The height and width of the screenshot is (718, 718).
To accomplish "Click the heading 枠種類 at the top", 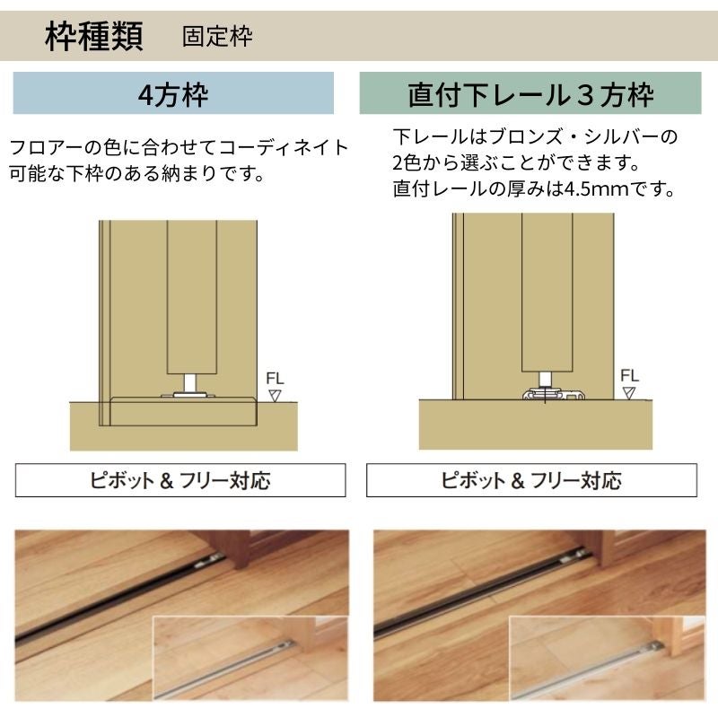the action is (x=94, y=36).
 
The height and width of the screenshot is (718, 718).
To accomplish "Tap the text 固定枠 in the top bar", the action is (x=217, y=36).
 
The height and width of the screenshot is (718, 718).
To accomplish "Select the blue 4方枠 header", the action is (x=173, y=93).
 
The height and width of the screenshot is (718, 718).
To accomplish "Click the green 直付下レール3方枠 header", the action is (x=530, y=93).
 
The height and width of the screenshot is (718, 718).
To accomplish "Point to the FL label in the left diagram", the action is (x=275, y=378).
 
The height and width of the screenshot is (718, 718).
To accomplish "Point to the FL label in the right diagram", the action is (x=629, y=375).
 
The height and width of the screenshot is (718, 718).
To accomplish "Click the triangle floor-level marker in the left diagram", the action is (x=275, y=395).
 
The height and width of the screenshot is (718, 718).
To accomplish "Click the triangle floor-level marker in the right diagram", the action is (x=629, y=393).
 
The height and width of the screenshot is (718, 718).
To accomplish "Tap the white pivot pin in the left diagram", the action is (x=190, y=383).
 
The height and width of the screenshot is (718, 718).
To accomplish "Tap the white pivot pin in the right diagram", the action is (x=545, y=380).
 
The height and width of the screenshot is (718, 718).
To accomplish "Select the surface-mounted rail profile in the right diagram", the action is (x=554, y=394).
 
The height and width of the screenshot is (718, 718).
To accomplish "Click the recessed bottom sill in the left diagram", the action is (x=183, y=411).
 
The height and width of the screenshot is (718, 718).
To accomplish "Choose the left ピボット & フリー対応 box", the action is (x=180, y=480).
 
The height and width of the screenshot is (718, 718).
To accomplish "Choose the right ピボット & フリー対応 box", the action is (x=531, y=480).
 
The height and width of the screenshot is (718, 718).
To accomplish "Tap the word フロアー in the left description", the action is (x=39, y=147).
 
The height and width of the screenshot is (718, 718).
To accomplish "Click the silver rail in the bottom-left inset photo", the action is (x=224, y=670).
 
